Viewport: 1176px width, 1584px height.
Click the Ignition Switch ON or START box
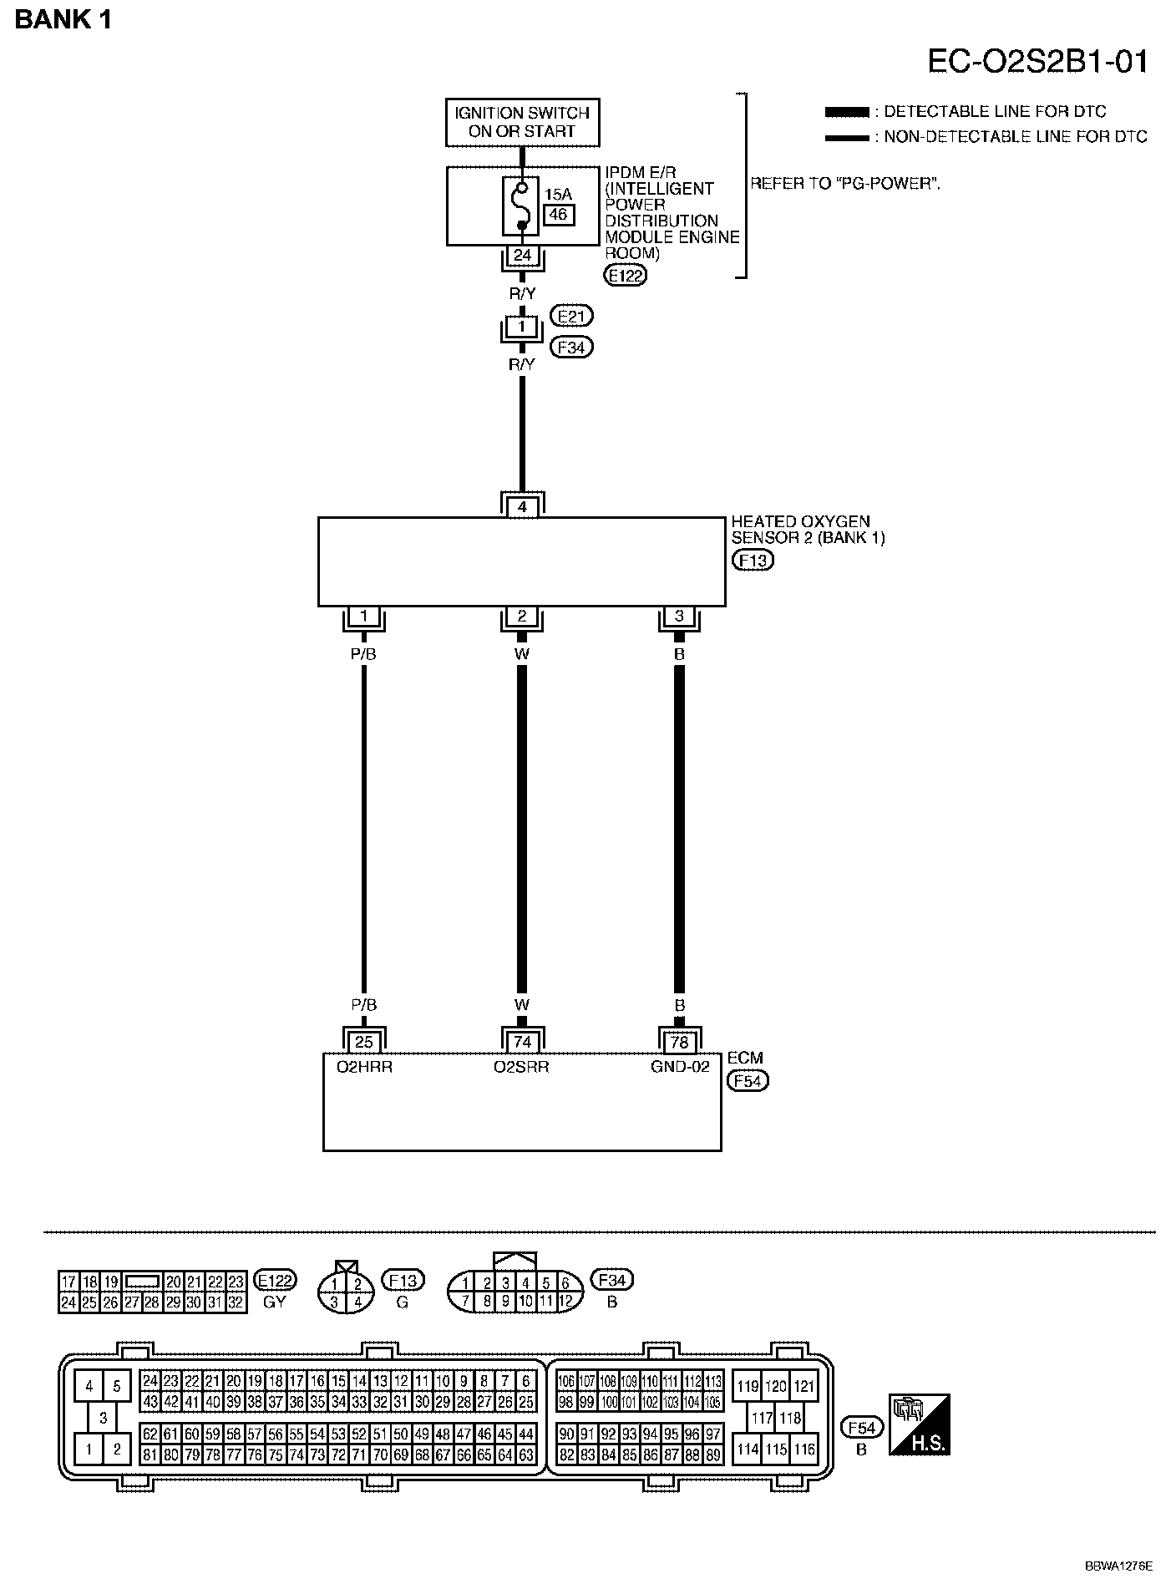click(522, 122)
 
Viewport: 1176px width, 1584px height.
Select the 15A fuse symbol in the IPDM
click(522, 206)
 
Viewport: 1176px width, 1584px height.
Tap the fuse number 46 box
click(558, 215)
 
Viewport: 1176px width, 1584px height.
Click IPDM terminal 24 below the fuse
click(522, 255)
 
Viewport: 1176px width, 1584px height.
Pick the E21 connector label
click(571, 316)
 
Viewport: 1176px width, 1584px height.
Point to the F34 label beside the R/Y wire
click(571, 347)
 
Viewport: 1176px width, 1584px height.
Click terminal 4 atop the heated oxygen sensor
click(522, 506)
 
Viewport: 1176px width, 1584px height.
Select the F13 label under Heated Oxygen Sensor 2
click(752, 560)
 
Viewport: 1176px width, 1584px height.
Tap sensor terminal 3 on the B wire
click(679, 617)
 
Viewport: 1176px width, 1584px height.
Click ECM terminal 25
click(364, 1042)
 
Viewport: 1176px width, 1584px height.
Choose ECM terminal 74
click(522, 1042)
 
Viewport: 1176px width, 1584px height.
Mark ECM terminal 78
click(679, 1042)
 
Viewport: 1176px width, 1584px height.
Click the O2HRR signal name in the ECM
click(364, 1067)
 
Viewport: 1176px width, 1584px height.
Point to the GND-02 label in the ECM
click(680, 1067)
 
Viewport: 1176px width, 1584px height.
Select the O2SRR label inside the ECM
click(521, 1067)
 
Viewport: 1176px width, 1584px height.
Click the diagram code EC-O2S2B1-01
click(1037, 61)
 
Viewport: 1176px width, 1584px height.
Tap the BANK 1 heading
click(63, 20)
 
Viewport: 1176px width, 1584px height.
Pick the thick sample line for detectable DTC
click(846, 112)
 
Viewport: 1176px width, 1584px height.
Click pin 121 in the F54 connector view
click(803, 1387)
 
